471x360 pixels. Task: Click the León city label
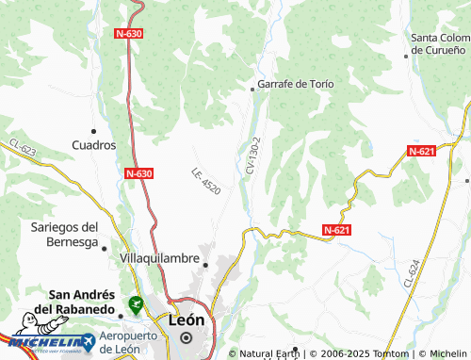(x=186, y=319)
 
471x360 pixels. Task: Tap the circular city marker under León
(x=187, y=337)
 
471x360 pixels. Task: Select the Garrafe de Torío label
(x=296, y=84)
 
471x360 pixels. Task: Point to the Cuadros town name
(x=94, y=145)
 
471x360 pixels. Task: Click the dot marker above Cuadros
(x=93, y=130)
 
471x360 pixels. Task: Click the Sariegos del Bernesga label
(x=65, y=235)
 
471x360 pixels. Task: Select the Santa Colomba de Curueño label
(x=439, y=43)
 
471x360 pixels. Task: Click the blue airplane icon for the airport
(x=88, y=338)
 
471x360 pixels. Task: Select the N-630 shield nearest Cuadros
(x=138, y=173)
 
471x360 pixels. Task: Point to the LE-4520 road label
(x=205, y=181)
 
